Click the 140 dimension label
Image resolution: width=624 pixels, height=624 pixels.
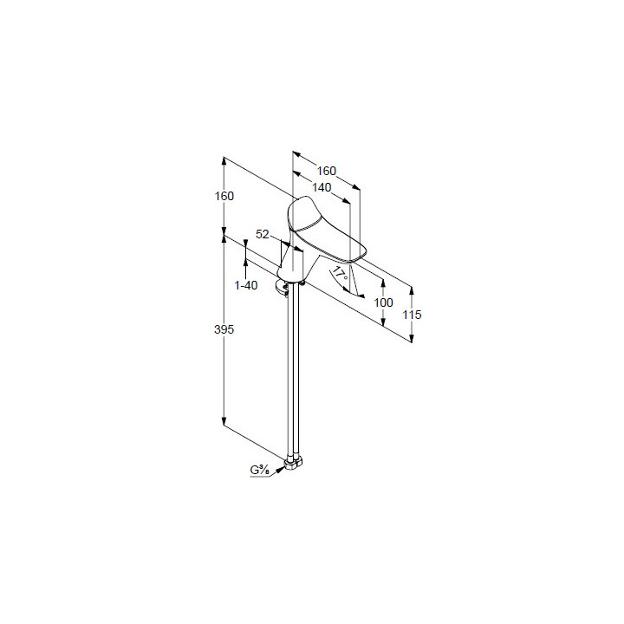tap(322, 187)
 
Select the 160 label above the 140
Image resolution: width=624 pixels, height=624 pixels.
tap(327, 171)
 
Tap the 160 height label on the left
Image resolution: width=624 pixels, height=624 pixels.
tap(224, 196)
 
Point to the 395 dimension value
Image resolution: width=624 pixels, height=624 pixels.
tap(224, 329)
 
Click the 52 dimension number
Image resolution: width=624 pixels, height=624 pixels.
tap(263, 234)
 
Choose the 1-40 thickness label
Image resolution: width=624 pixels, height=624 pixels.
tap(246, 285)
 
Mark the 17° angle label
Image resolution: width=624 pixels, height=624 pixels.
tap(340, 275)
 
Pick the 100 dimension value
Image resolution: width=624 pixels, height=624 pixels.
tap(384, 302)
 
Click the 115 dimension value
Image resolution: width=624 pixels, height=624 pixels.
tap(412, 315)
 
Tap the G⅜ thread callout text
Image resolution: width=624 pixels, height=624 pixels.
tap(260, 470)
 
